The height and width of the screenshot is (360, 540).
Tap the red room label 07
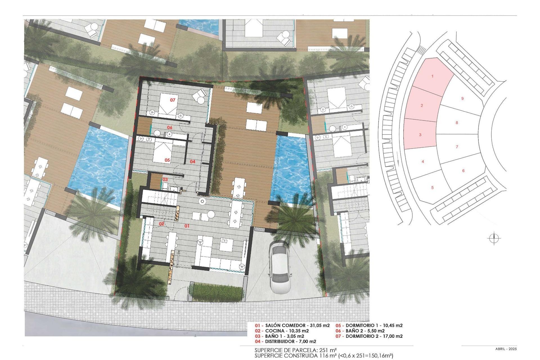pyautogui.click(x=172, y=100)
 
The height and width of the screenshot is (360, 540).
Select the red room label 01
pyautogui.click(x=187, y=226)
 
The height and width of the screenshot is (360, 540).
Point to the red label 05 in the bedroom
pyautogui.click(x=167, y=160)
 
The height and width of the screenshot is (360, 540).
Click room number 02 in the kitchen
pyautogui.click(x=161, y=224)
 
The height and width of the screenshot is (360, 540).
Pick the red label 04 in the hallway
pyautogui.click(x=192, y=161)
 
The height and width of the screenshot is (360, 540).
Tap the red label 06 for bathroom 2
pyautogui.click(x=170, y=127)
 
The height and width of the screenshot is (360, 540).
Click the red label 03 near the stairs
pyautogui.click(x=165, y=179)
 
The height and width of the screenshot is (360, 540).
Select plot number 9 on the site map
pyautogui.click(x=462, y=98)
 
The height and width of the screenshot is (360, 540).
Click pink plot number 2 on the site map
pyautogui.click(x=422, y=105)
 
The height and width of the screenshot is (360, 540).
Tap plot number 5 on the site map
pyautogui.click(x=433, y=188)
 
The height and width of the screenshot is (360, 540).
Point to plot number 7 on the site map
pyautogui.click(x=457, y=147)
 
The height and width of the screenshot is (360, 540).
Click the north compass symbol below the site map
pyautogui.click(x=494, y=239)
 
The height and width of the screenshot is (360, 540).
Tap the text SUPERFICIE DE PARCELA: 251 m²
pyautogui.click(x=296, y=350)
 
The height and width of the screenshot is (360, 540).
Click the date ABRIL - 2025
pyautogui.click(x=506, y=349)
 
